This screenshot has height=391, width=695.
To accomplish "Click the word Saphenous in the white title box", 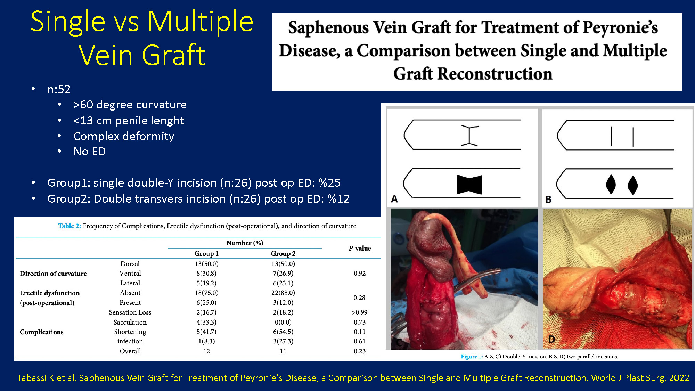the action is [328, 28].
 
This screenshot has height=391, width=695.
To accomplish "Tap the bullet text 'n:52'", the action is [59, 89].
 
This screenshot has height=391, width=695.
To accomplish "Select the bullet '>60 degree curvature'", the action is [130, 105].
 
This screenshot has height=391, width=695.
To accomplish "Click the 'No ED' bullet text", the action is [90, 152].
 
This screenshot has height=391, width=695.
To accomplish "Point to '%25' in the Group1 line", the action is [329, 183].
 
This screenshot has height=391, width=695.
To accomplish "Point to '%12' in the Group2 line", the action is [338, 199].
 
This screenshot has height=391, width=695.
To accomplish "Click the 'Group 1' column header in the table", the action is [206, 254].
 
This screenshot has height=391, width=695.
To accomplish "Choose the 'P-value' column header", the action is [360, 248].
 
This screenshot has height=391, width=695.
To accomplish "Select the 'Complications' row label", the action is [42, 332].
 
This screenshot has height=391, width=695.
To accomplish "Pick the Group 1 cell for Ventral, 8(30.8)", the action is [206, 274].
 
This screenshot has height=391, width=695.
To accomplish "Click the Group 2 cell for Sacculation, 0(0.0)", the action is [283, 322].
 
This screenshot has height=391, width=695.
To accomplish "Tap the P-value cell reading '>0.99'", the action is [360, 312].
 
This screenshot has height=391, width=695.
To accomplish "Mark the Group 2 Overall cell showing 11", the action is [283, 351].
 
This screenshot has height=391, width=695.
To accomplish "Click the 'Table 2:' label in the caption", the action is [69, 226].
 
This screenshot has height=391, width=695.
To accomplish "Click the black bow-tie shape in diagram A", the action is [469, 185].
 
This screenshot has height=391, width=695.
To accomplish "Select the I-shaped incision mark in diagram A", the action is [469, 136].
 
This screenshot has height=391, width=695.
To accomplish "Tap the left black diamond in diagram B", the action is [611, 184].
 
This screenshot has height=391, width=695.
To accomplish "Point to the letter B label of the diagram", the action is [548, 199].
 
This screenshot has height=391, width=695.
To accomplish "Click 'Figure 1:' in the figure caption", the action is [472, 357].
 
